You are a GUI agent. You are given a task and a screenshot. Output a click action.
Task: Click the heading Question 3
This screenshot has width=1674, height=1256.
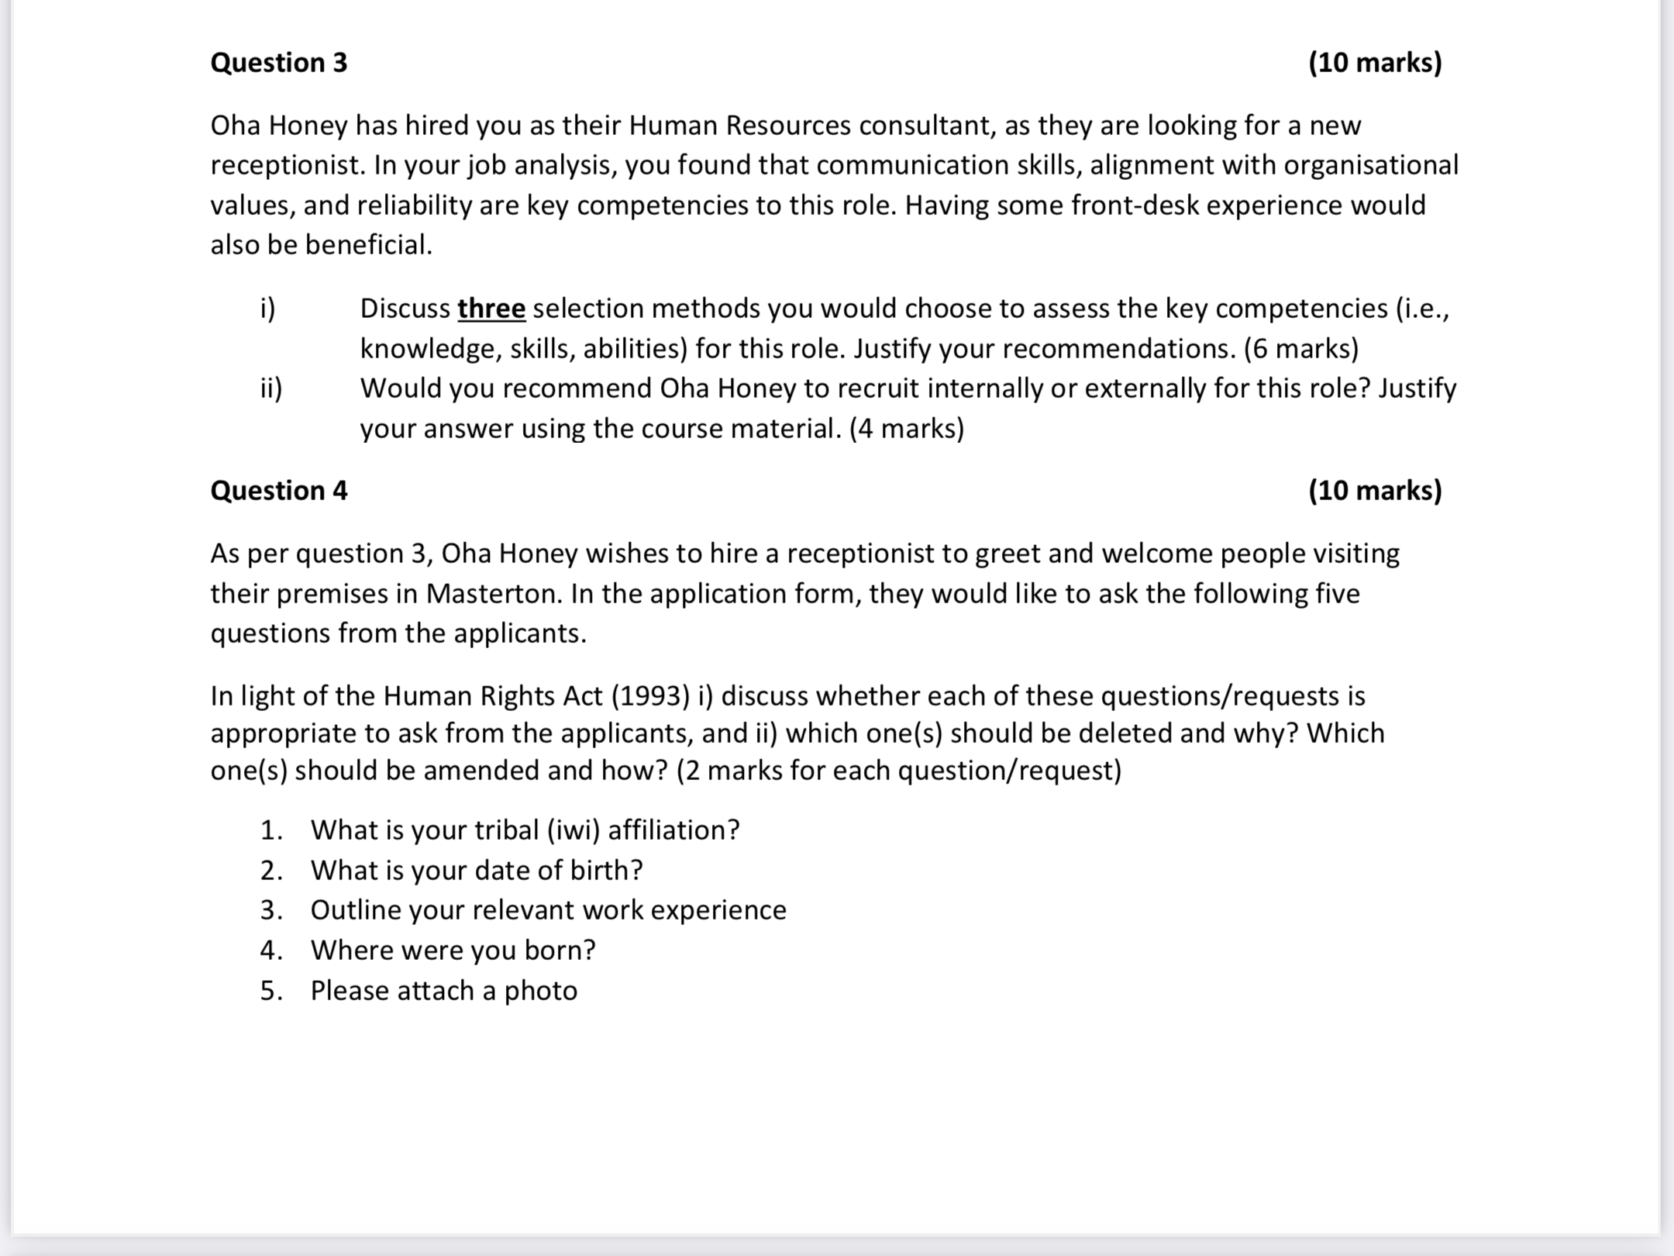point(279,63)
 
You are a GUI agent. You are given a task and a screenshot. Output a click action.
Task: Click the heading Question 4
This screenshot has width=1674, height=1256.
point(279,491)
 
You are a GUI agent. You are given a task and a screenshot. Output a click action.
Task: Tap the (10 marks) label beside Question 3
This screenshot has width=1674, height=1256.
point(1375,63)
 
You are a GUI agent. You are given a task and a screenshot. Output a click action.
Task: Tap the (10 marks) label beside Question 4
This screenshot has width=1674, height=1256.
point(1375,491)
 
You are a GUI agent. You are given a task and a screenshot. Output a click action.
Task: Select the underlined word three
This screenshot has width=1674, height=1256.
point(491,309)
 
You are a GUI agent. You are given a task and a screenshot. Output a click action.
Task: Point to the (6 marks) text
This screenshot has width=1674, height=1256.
point(1301,349)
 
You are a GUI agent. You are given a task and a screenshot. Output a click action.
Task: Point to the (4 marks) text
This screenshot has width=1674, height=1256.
point(907,429)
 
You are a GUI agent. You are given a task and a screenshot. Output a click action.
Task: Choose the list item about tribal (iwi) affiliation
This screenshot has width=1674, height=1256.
point(525,830)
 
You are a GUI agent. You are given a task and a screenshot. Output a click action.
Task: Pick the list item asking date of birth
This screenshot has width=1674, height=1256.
point(477,871)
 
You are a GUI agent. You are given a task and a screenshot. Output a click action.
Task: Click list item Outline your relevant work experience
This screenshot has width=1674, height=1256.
point(548,910)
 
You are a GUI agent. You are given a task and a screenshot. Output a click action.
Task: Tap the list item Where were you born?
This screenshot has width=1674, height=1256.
point(453,951)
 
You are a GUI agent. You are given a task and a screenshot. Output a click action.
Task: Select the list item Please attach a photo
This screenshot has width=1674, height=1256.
point(443,991)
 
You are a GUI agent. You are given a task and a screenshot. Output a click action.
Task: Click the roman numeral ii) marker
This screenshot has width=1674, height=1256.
point(271,388)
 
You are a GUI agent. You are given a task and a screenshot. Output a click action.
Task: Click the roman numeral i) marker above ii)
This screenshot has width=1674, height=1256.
point(267,309)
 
